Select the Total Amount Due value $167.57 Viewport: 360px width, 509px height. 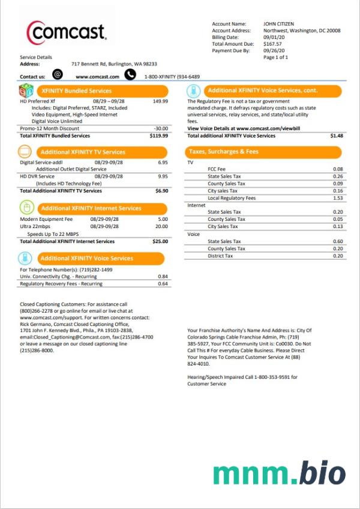[274, 44]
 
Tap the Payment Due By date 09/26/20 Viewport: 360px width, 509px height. [273, 51]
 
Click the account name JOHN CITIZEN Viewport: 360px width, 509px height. [278, 24]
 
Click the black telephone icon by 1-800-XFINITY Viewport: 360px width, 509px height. [130, 75]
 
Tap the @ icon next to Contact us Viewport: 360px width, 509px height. [58, 75]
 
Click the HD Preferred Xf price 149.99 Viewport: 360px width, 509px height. [160, 101]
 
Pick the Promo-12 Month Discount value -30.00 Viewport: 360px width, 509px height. [160, 128]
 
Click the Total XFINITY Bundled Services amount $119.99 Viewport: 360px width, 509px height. [158, 136]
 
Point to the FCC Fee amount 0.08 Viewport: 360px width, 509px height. [338, 169]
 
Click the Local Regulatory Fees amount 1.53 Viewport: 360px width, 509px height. [338, 198]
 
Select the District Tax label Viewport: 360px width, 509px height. [220, 256]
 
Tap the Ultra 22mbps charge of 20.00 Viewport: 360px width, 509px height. [161, 227]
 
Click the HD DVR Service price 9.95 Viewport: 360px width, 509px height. [163, 176]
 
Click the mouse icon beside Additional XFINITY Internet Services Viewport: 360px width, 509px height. [26, 208]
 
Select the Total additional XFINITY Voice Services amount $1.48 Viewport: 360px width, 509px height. [337, 136]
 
